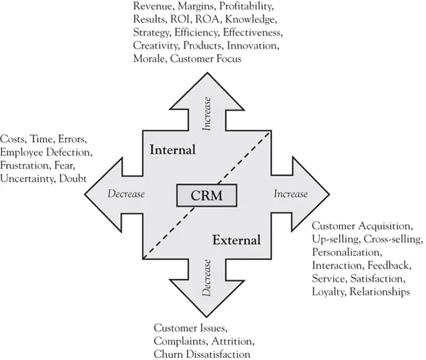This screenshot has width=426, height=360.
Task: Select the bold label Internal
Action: tap(173, 150)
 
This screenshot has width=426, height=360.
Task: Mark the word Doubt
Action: tap(73, 178)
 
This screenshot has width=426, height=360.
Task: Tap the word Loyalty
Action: tap(328, 291)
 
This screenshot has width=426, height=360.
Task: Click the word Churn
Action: tap(168, 353)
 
